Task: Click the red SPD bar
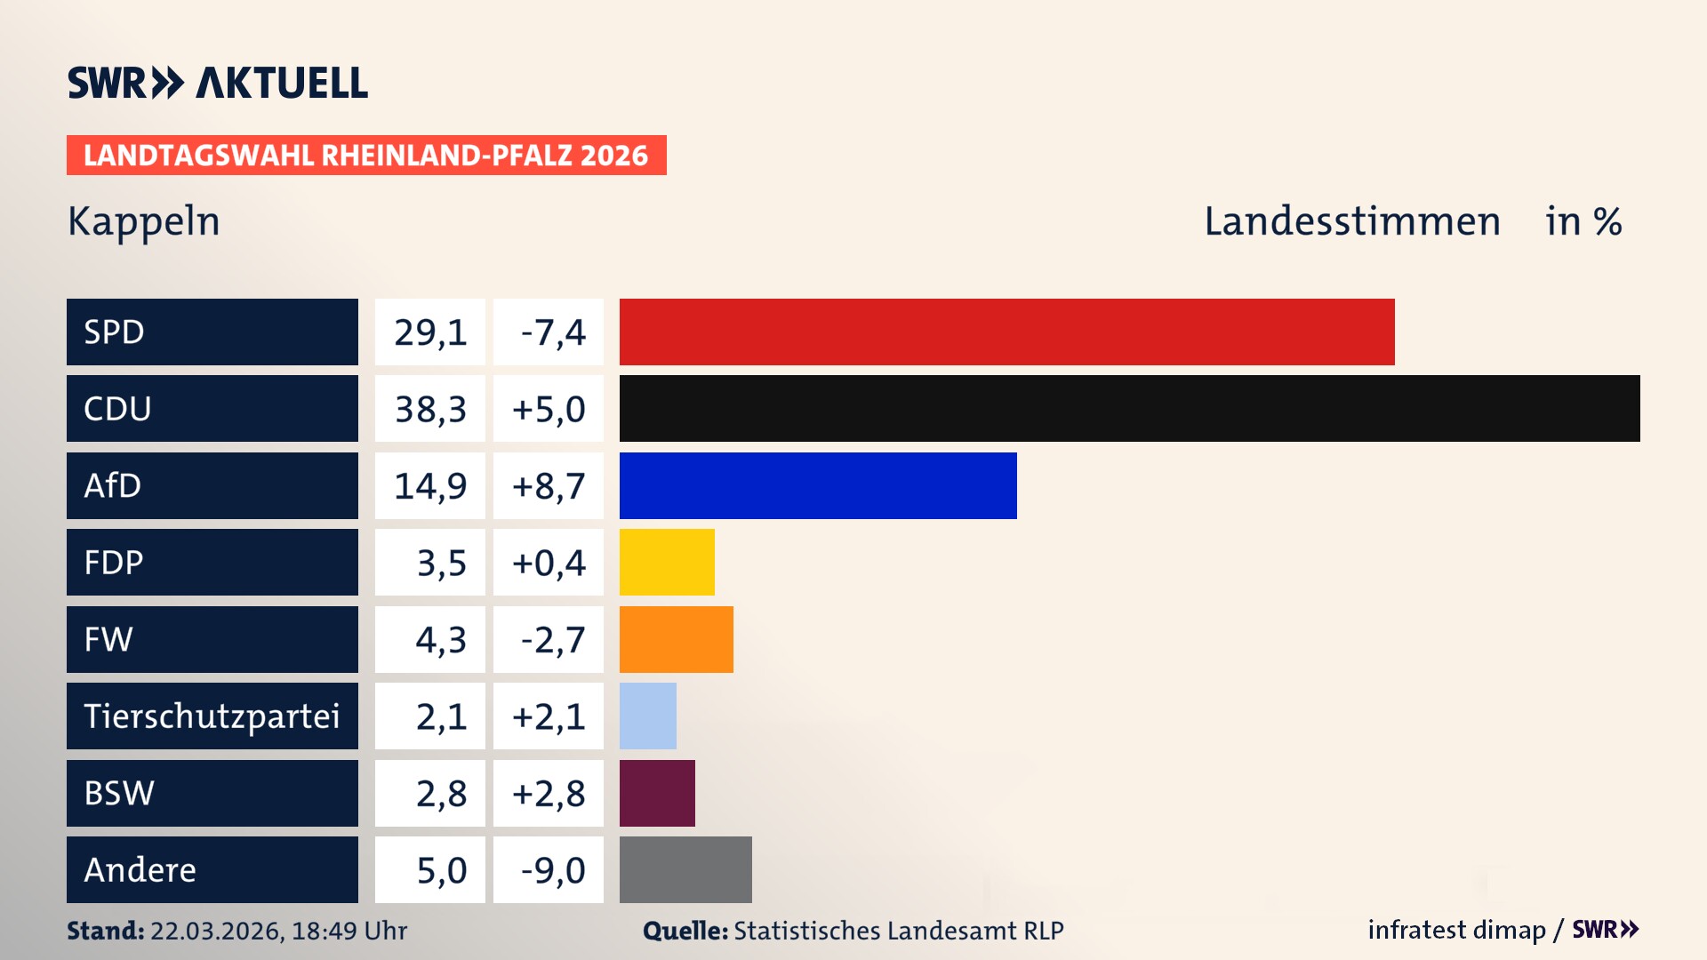coord(1006,332)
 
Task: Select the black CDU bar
coord(1129,409)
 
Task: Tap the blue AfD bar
coord(818,485)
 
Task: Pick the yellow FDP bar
coord(667,563)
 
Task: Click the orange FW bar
coord(676,639)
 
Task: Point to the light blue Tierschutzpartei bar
coord(647,716)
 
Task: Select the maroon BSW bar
coord(657,793)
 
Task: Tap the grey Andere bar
coord(685,869)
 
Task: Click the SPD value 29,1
coord(430,332)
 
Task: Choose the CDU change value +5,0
coord(549,409)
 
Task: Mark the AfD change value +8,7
coord(549,486)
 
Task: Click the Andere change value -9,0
coord(552,870)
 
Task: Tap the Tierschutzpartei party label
coord(212,716)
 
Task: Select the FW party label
coord(108,639)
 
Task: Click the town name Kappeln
coord(144,221)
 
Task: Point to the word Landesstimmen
coord(1351,221)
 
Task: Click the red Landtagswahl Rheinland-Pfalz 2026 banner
coord(366,156)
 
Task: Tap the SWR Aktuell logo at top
coord(218,83)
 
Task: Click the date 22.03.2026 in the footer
coord(217,931)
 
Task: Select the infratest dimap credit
coord(1456,930)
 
